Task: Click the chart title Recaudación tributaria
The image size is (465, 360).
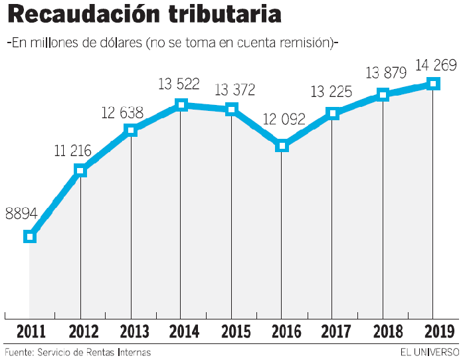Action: tap(144, 15)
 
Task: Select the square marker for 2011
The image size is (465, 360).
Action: tap(29, 236)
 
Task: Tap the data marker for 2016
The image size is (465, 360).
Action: tap(282, 145)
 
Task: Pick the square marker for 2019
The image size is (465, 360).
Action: tap(433, 83)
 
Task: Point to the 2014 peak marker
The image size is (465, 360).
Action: tap(181, 104)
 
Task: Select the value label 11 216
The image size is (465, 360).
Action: tap(72, 151)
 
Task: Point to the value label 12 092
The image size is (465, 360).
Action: tap(284, 120)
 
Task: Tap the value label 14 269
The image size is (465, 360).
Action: tap(435, 65)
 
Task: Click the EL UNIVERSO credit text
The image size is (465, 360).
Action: tap(429, 351)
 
